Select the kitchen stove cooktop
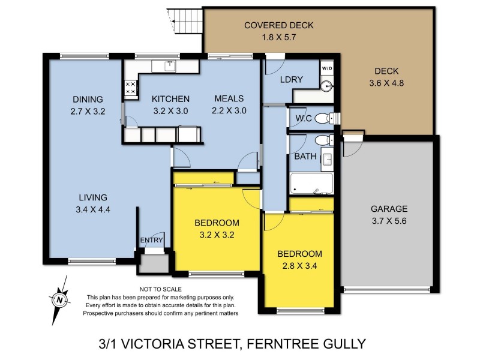pos(130,89)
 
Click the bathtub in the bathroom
pos(310,184)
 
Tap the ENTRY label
pos(151,241)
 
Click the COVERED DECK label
pos(278,25)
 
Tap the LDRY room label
pos(291,80)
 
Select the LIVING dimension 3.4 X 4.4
pos(92,209)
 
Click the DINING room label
pos(88,100)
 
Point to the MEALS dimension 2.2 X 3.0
pos(229,110)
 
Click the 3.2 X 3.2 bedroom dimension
pos(217,235)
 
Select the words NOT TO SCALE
pos(159,289)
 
